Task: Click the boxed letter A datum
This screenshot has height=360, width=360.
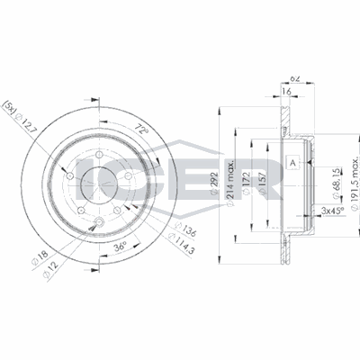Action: [292, 162]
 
